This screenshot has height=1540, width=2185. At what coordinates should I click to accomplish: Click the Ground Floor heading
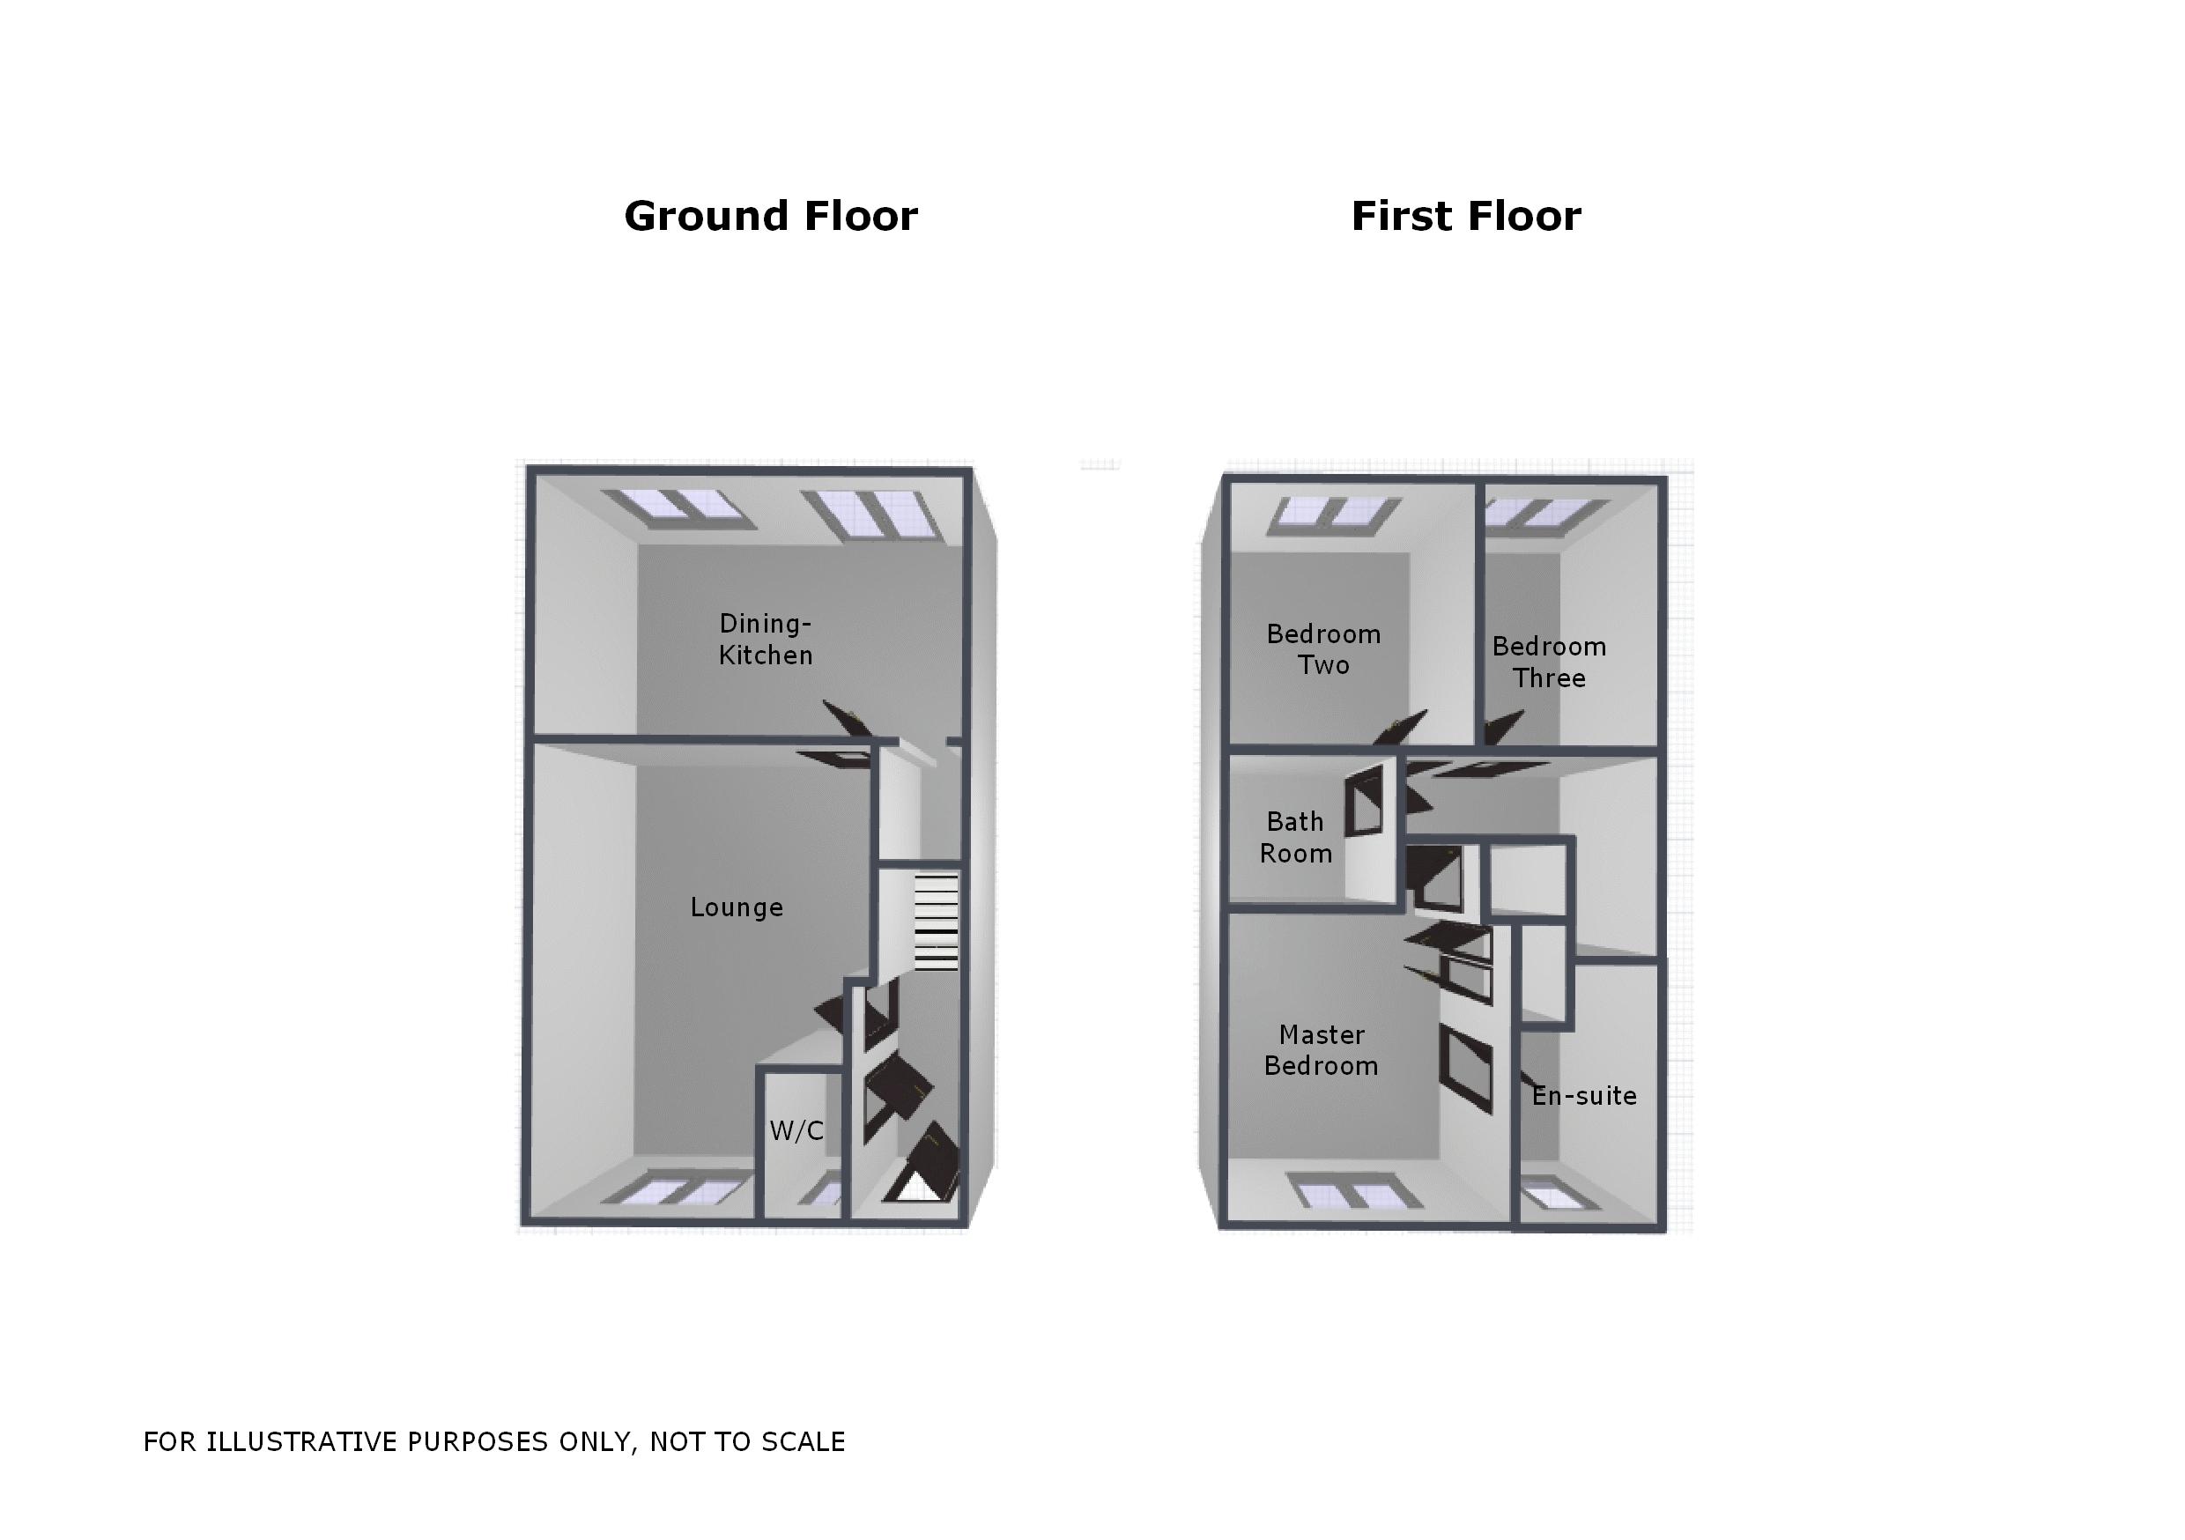coord(771,216)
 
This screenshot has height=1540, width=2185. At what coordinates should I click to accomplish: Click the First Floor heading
coord(1465,216)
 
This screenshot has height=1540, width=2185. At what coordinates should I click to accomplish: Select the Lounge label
coord(737,907)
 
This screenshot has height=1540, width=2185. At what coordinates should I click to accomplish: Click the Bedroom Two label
coord(1322,649)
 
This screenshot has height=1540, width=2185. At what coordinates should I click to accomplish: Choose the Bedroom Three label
coord(1549,663)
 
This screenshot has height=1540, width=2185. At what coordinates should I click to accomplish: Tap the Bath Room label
coord(1295,838)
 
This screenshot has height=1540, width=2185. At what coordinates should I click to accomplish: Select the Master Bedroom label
coord(1321,1050)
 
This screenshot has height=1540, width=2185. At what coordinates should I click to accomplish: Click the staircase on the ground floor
coord(936,922)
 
